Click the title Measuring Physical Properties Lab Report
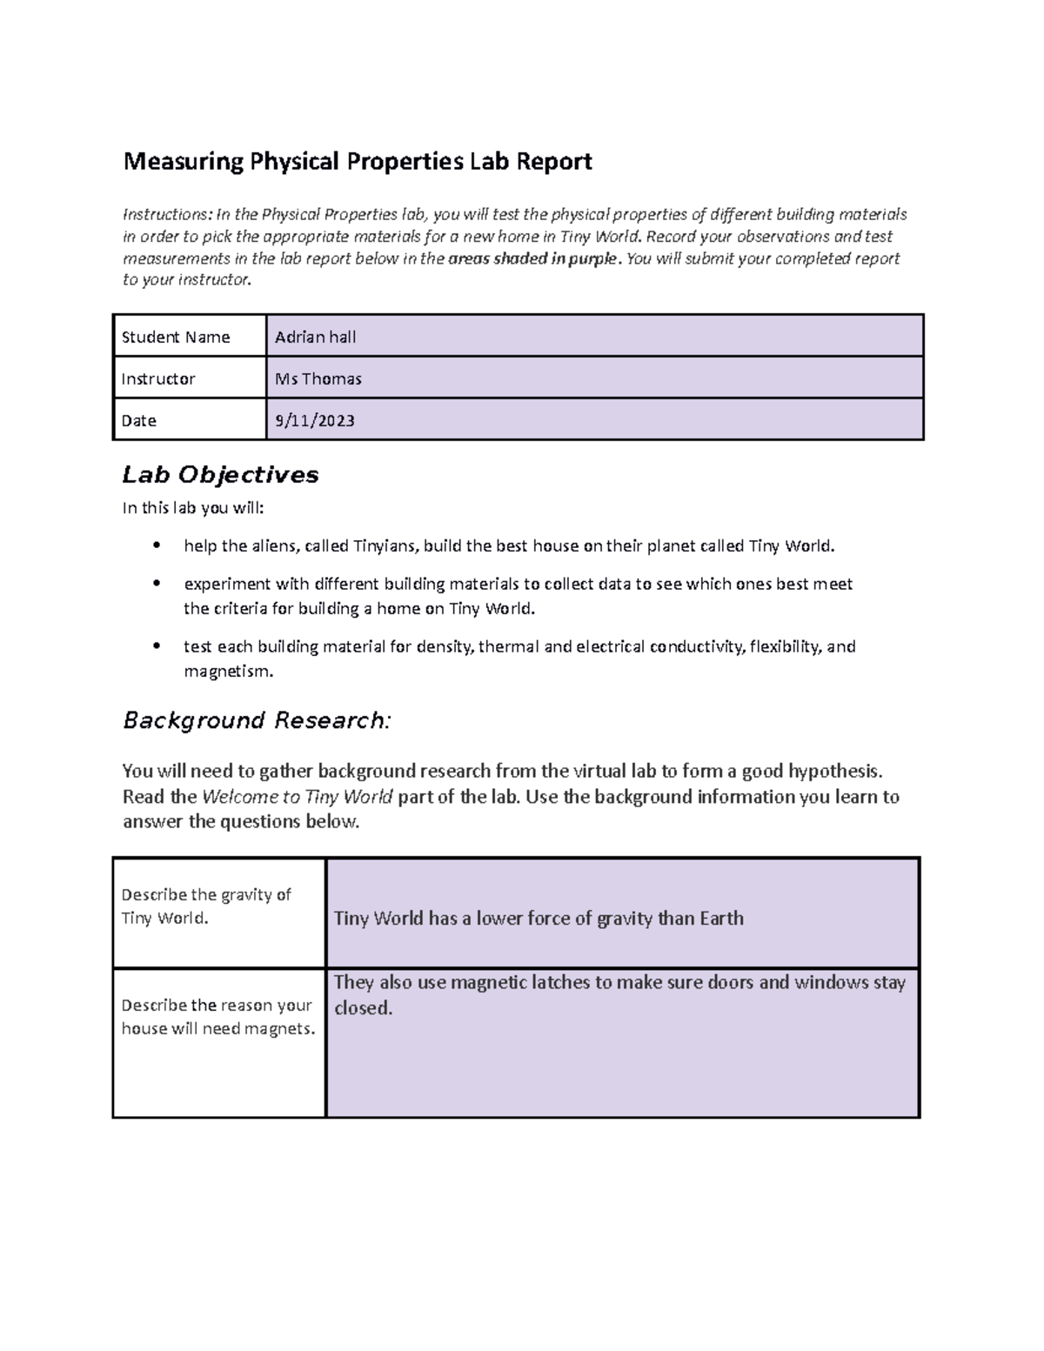(357, 162)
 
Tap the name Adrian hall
(315, 338)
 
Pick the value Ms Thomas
(318, 379)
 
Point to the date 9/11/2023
(314, 421)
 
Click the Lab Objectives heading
(220, 475)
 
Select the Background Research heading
(257, 721)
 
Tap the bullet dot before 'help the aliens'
(156, 546)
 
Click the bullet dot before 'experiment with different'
(156, 584)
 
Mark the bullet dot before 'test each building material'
(156, 646)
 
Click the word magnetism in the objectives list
(228, 672)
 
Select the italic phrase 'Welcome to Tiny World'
(297, 797)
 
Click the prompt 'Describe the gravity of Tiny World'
(206, 906)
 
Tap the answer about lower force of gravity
(539, 919)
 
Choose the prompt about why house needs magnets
(217, 1017)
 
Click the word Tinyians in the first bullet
(385, 546)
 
